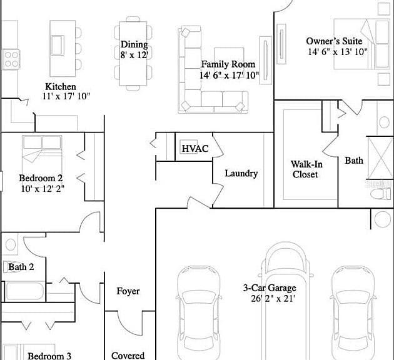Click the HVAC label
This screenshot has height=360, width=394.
click(195, 149)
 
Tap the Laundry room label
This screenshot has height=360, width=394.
click(241, 174)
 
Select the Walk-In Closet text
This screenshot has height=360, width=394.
click(306, 169)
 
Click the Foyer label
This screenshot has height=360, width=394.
click(128, 291)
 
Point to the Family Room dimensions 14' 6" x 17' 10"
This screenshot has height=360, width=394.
click(229, 75)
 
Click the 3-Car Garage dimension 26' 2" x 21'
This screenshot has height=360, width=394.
click(273, 299)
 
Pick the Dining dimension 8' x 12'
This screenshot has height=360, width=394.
click(134, 55)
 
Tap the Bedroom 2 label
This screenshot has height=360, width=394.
click(41, 178)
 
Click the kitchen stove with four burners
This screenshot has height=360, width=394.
click(11, 59)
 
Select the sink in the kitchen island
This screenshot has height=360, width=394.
click(58, 45)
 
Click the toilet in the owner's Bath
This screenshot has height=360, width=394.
click(381, 194)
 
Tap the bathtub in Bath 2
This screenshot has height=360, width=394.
click(24, 291)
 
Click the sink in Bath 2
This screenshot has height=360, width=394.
click(10, 244)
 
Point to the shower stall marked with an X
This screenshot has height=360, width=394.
click(380, 157)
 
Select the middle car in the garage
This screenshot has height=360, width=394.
click(286, 301)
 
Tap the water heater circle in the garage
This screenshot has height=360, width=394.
click(383, 219)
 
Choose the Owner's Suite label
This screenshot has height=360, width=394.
click(334, 41)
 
